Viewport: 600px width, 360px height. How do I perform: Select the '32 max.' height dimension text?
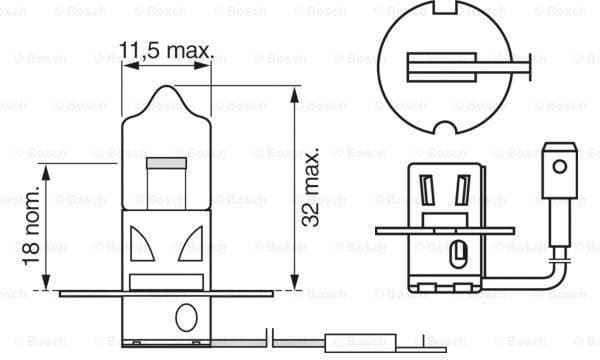tap(311, 188)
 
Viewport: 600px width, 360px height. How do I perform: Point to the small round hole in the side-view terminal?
tap(559, 167)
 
